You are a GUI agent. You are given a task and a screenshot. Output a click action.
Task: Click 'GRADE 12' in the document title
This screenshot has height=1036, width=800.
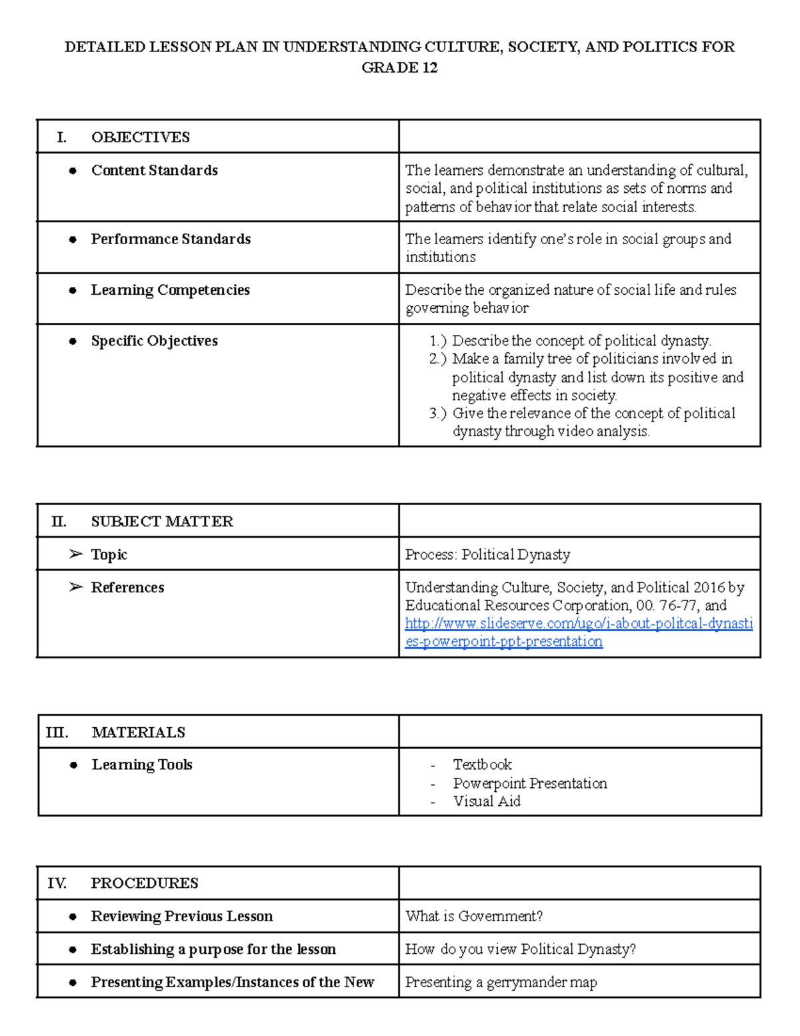coord(399,67)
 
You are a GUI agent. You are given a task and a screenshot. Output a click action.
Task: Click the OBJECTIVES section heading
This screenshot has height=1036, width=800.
coord(140,137)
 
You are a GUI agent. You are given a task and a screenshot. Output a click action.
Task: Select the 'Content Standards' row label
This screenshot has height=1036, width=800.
coord(154,171)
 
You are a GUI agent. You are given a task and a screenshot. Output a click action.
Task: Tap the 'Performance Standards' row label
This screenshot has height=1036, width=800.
coord(171,239)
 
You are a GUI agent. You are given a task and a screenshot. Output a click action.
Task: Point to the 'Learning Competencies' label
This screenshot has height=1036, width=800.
coord(170,290)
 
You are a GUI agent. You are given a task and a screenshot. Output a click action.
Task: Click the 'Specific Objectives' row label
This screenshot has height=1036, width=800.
coord(154,341)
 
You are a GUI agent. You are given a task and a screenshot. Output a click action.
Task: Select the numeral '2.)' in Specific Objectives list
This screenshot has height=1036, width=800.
coord(438,359)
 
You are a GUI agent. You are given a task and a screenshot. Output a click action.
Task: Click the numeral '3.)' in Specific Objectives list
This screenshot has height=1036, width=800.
coord(438,414)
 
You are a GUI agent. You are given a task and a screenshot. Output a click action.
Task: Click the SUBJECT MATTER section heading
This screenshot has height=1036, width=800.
coord(162,522)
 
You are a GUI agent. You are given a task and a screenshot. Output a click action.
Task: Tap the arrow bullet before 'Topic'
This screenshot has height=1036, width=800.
coord(75,554)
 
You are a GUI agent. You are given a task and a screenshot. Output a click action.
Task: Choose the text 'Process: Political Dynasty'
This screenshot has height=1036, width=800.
coord(487,555)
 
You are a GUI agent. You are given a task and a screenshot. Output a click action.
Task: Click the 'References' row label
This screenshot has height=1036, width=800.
coord(127,588)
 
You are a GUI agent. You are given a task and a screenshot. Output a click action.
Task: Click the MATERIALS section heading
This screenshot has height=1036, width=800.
coord(138,732)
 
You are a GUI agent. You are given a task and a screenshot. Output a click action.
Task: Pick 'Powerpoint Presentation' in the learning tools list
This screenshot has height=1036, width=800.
coord(529,783)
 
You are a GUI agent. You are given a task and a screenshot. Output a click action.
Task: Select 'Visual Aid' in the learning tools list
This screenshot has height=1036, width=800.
coord(486,801)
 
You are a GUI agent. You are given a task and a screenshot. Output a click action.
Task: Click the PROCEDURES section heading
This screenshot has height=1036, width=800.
coord(145,883)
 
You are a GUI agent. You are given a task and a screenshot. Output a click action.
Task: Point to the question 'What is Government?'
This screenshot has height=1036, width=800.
coord(474,917)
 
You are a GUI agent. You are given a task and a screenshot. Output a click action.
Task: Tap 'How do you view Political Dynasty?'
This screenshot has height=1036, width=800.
coord(520,949)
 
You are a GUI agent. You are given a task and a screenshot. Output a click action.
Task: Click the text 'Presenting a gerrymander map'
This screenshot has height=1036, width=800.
coord(501,983)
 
